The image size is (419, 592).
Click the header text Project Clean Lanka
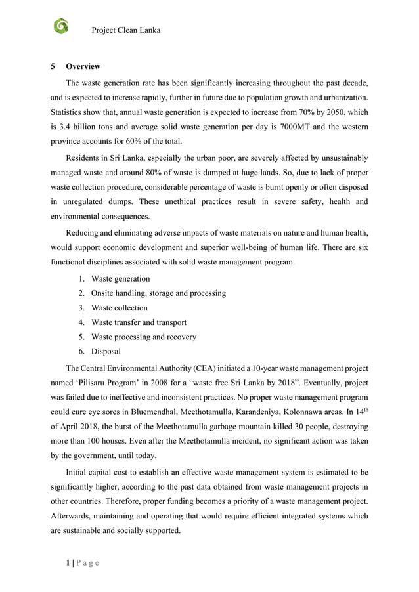click(x=125, y=30)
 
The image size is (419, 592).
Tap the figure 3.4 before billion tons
click(x=70, y=125)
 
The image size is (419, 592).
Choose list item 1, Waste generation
click(x=120, y=279)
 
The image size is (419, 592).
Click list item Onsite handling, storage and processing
click(x=158, y=293)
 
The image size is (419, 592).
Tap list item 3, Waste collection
click(x=119, y=308)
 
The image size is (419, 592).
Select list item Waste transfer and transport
click(x=139, y=322)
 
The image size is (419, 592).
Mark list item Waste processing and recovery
click(x=143, y=337)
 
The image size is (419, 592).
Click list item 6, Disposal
click(x=106, y=351)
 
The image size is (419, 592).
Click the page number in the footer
click(x=53, y=562)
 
